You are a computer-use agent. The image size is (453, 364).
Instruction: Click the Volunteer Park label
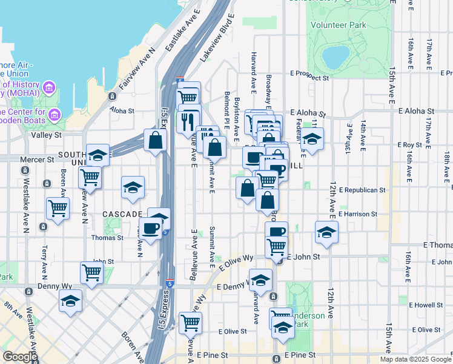point(339,25)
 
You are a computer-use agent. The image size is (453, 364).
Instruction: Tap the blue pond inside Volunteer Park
point(335,57)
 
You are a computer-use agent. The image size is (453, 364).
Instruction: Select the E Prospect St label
point(309,78)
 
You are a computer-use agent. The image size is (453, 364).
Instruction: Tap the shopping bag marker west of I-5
point(156,140)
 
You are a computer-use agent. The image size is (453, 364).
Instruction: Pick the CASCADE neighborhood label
point(122,214)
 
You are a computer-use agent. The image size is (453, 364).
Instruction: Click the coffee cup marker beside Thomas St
point(151,228)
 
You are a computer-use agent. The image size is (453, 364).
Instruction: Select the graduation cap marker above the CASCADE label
point(133,187)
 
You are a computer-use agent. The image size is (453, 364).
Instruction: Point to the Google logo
point(20,357)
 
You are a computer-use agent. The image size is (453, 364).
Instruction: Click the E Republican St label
point(362,190)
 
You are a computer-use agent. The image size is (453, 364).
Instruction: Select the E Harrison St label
point(358,214)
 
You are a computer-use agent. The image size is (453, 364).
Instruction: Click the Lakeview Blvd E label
point(217,36)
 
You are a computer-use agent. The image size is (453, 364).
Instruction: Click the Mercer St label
point(37,160)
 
